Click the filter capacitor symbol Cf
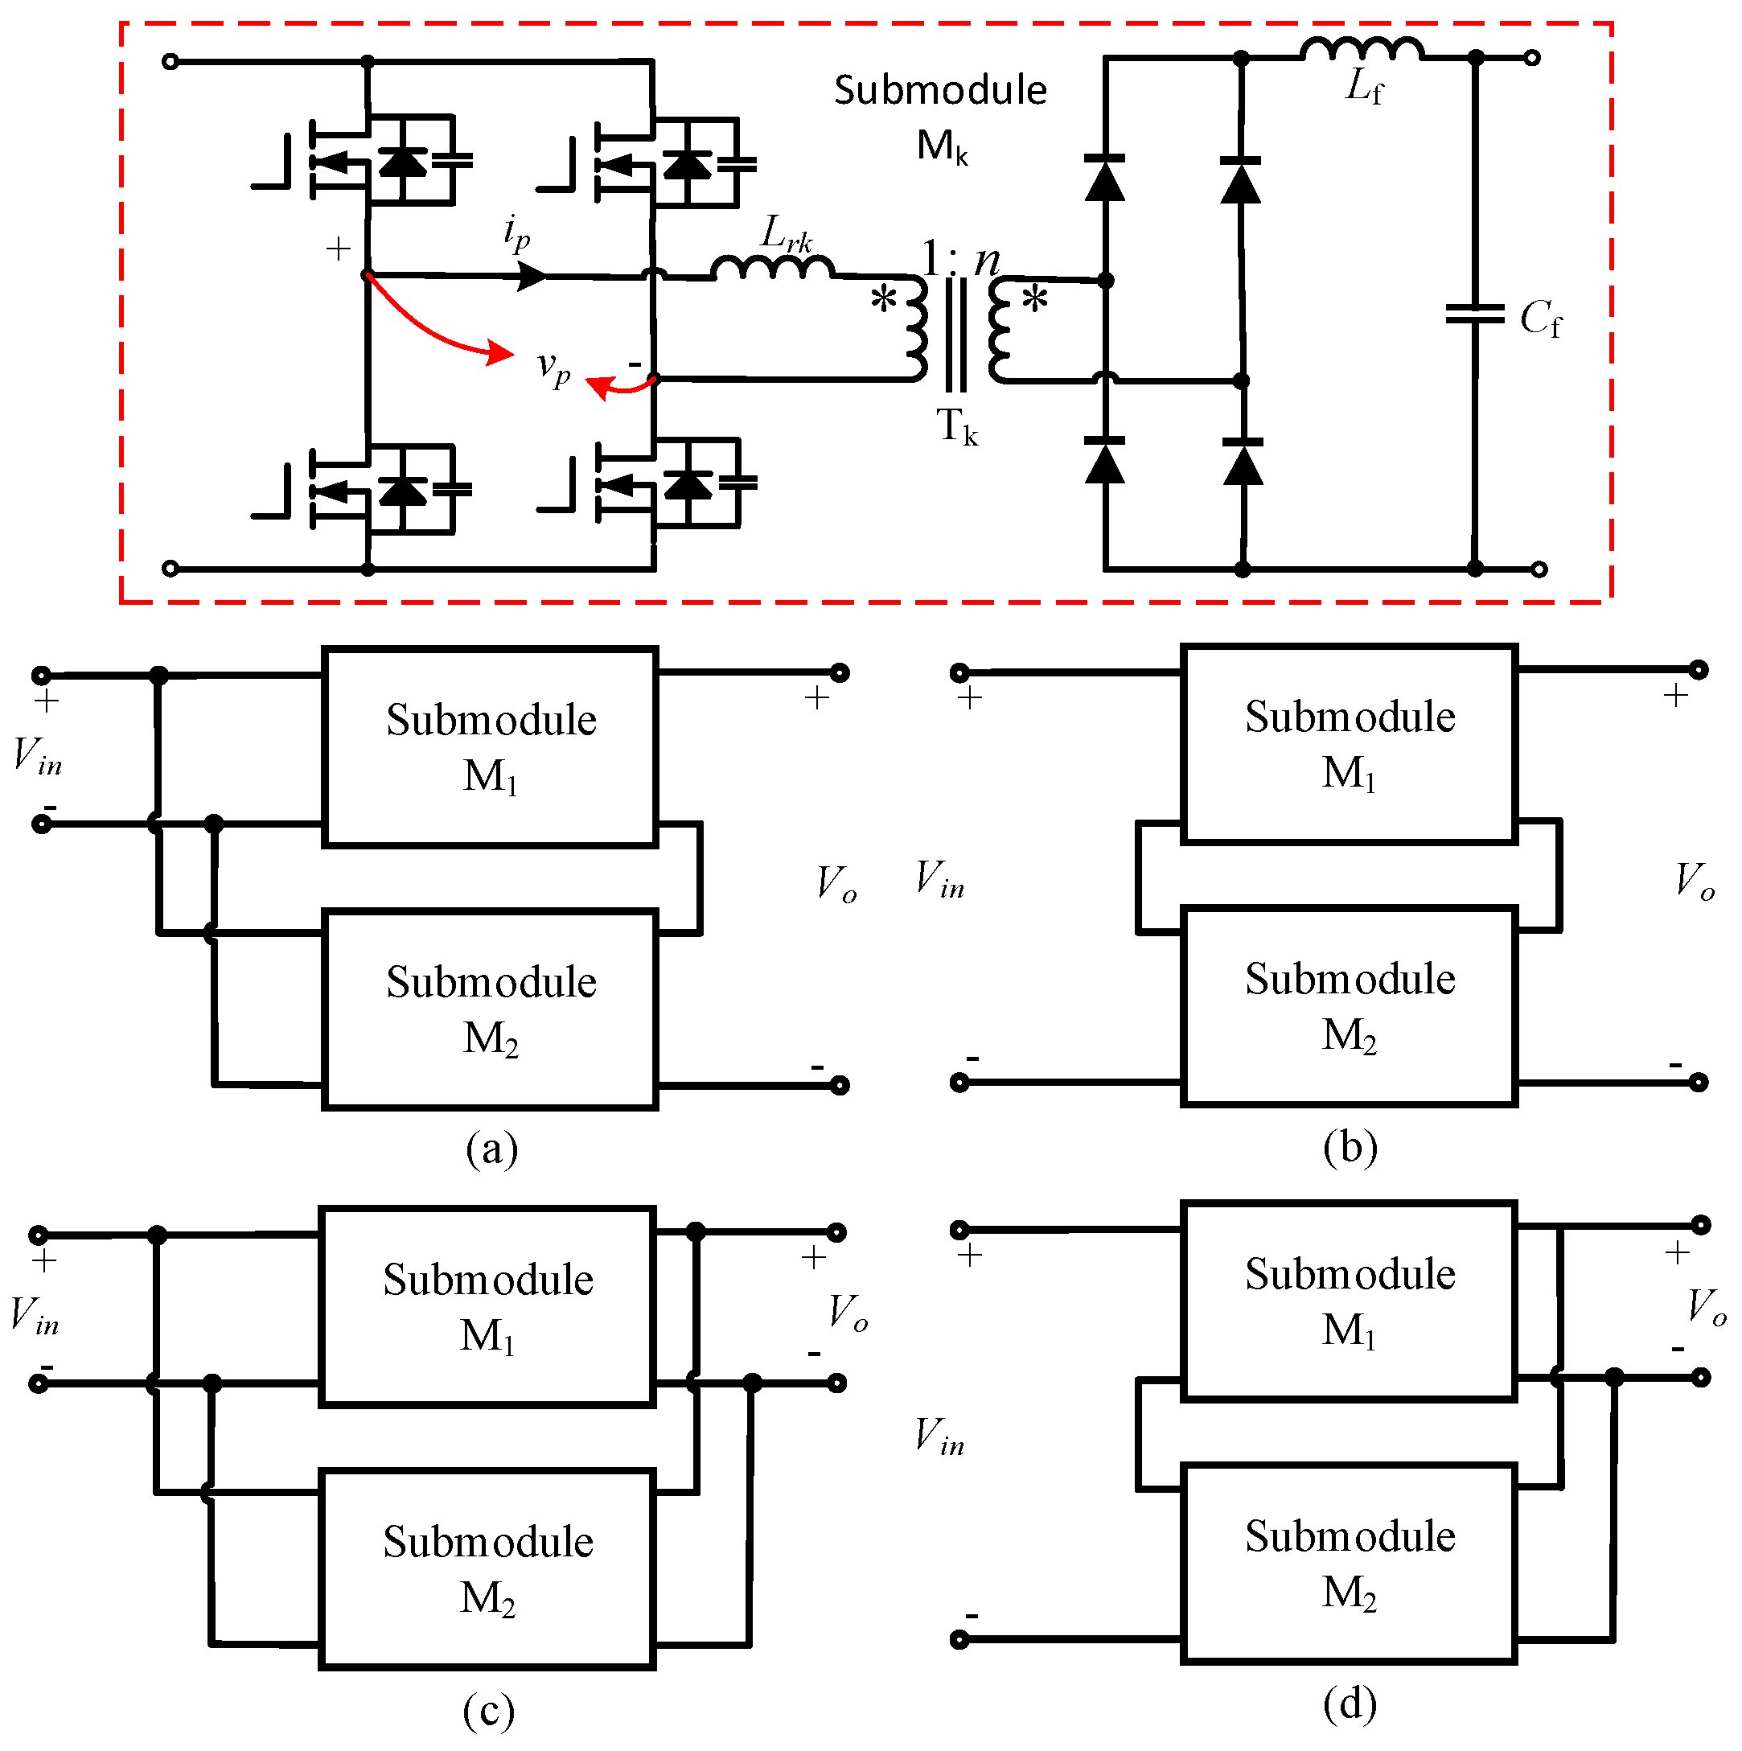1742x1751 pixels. point(1475,314)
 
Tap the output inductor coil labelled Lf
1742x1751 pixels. point(1362,49)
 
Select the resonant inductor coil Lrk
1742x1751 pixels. point(772,267)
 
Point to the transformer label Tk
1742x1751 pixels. point(956,426)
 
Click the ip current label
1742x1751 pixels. point(516,233)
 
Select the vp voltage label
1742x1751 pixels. point(553,368)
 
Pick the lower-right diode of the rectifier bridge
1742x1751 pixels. point(1242,462)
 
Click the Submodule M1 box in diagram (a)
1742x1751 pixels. point(490,746)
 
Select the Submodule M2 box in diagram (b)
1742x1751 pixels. point(1349,1006)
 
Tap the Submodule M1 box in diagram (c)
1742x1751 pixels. point(487,1306)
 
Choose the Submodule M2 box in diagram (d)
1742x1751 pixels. point(1349,1564)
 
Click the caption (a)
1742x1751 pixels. point(491,1149)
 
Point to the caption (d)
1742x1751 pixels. point(1349,1704)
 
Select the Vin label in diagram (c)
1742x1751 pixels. point(35,1314)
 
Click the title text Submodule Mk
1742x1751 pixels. point(940,116)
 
